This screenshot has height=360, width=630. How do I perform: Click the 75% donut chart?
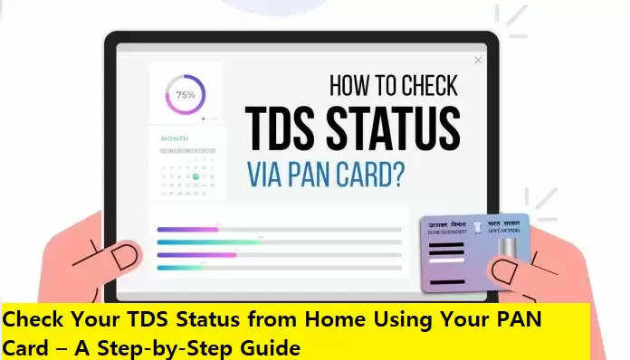(186, 94)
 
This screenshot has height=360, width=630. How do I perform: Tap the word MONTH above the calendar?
(175, 138)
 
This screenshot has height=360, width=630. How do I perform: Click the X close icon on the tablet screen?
(478, 61)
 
